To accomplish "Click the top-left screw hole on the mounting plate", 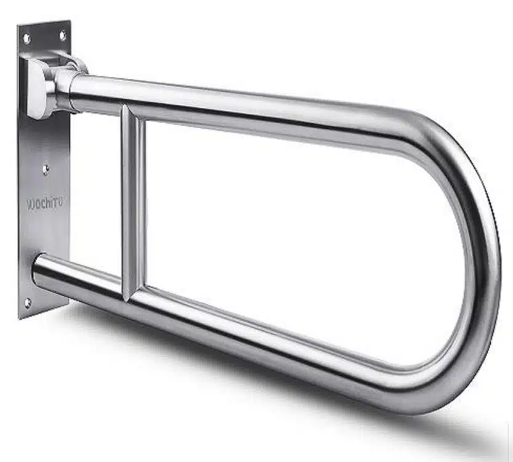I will [x=27, y=38].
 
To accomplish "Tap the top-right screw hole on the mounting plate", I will [x=62, y=35].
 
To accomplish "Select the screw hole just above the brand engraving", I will [x=46, y=168].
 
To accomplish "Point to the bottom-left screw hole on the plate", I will [x=27, y=302].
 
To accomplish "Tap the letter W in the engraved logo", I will [x=30, y=202].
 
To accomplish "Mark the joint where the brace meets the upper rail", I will [x=132, y=111].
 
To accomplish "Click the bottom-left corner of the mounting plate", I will [x=20, y=318].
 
